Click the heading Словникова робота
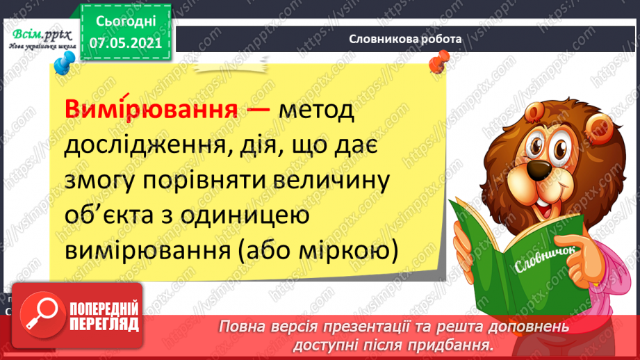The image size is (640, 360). tap(405, 40)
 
